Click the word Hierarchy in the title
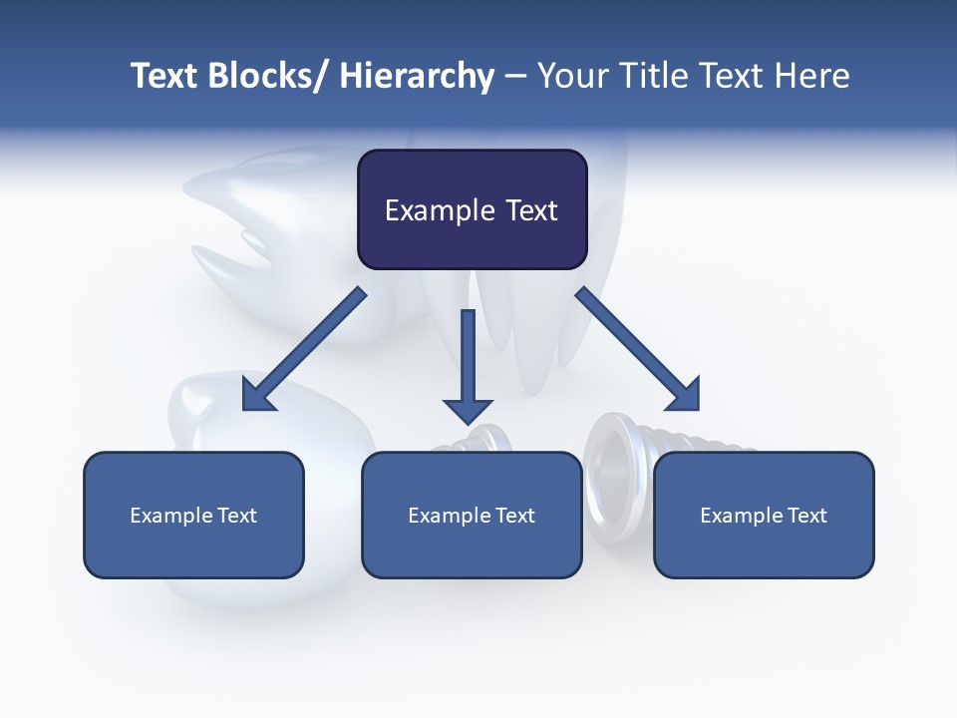pyautogui.click(x=417, y=76)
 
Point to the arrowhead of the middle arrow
pyautogui.click(x=468, y=410)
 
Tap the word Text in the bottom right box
pyautogui.click(x=805, y=516)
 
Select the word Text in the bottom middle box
pyautogui.click(x=513, y=516)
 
